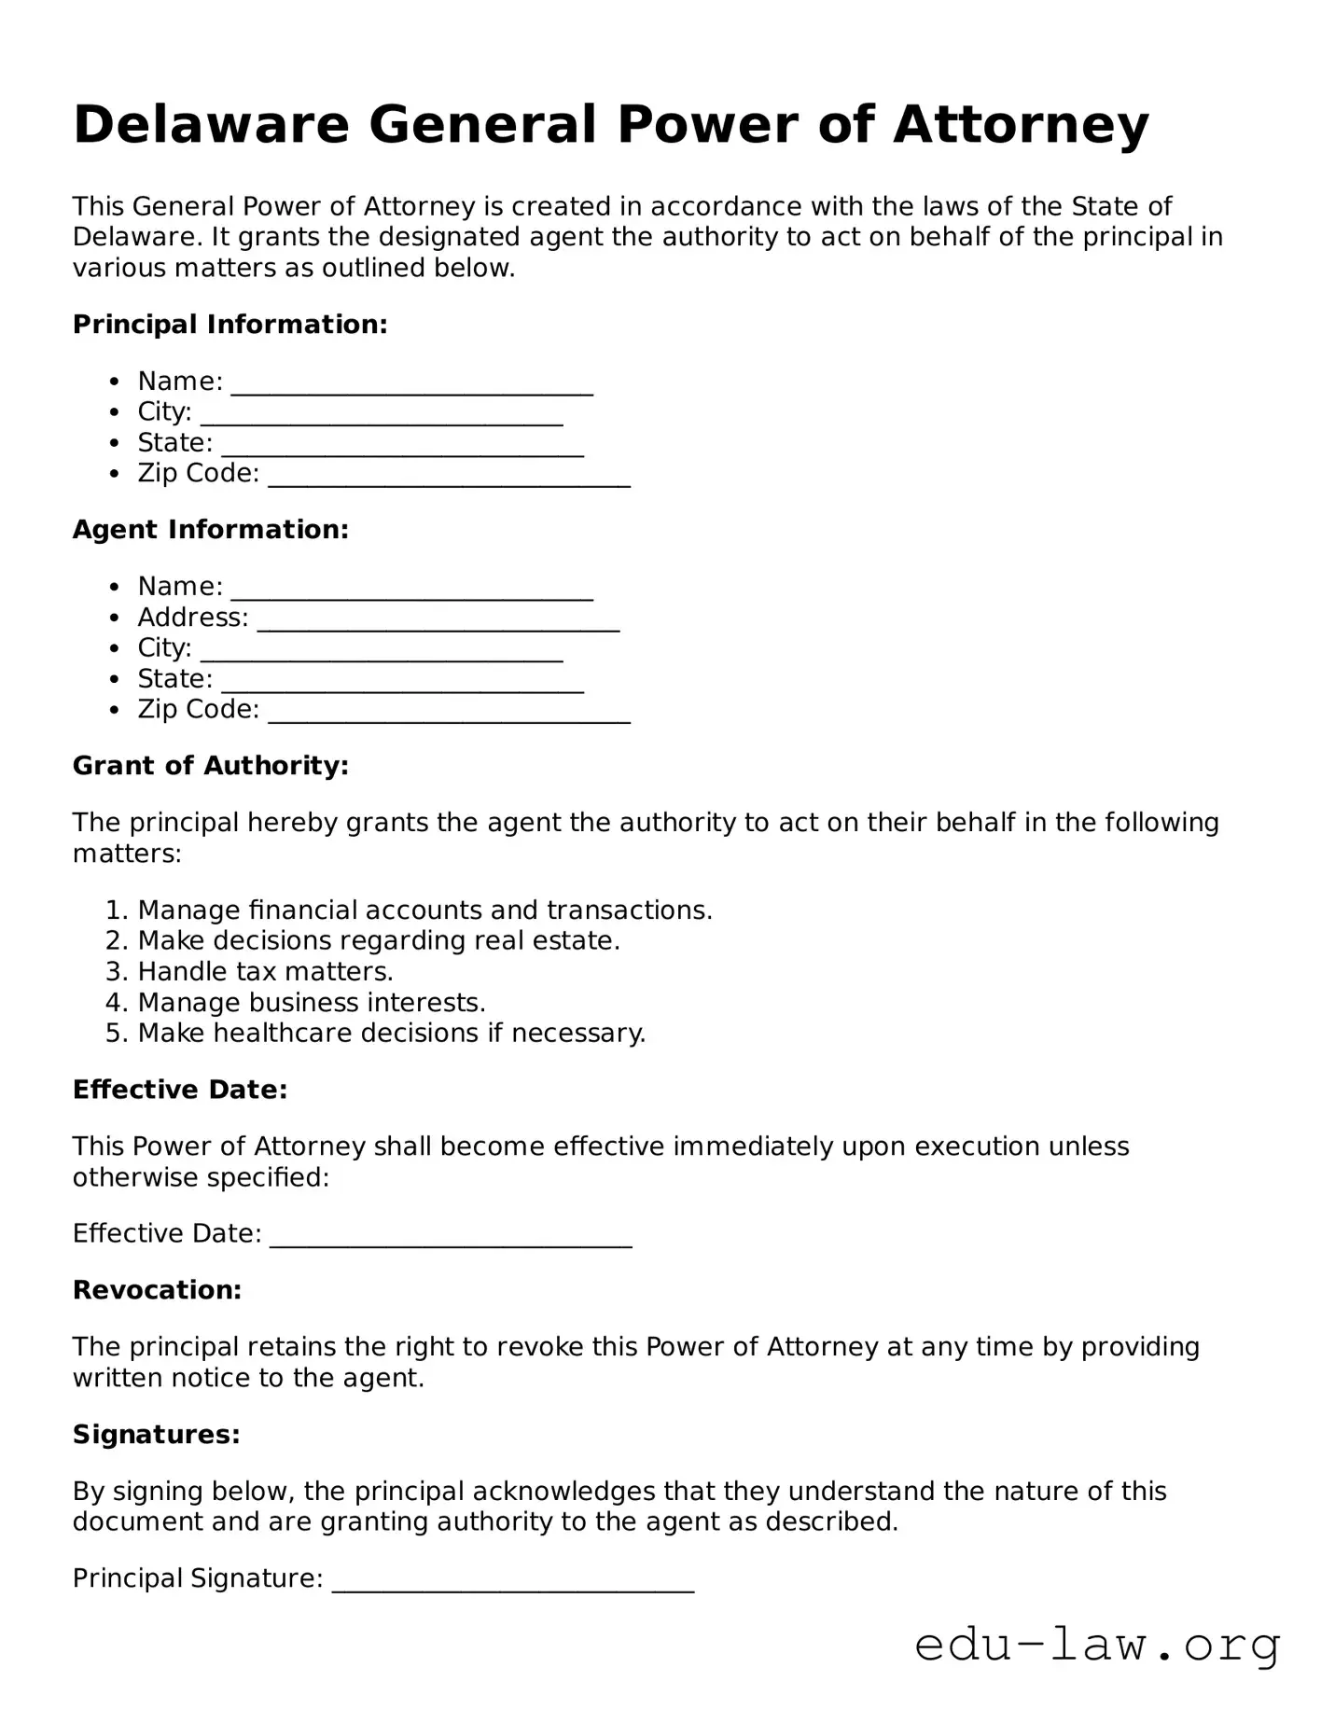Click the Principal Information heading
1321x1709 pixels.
229,325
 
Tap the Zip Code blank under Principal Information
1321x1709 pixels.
449,479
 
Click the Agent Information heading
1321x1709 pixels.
211,530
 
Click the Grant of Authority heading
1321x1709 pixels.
211,766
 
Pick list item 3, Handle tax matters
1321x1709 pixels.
265,972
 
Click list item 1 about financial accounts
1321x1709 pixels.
424,910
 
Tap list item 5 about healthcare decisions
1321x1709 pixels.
391,1034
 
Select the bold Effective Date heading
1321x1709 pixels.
180,1090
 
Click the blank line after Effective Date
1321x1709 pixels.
451,1239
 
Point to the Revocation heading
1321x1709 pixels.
157,1290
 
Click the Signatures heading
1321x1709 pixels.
157,1434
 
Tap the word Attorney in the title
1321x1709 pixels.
1021,125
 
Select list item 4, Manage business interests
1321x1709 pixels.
312,1003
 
